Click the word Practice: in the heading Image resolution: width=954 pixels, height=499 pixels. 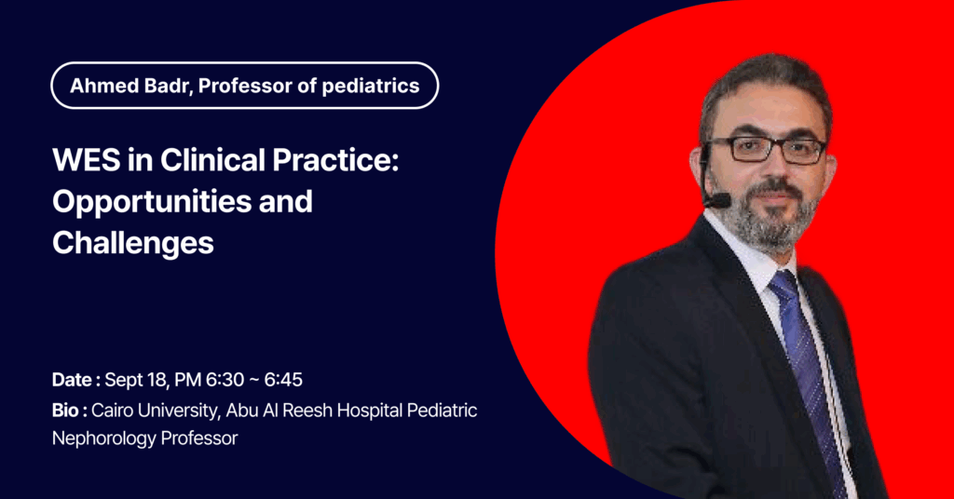pyautogui.click(x=335, y=160)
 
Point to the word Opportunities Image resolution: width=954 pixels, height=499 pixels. pyautogui.click(x=152, y=202)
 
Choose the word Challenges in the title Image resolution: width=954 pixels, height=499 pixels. pyautogui.click(x=132, y=242)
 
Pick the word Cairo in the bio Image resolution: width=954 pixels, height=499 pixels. pyautogui.click(x=113, y=411)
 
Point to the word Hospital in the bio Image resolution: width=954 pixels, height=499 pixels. pyautogui.click(x=370, y=411)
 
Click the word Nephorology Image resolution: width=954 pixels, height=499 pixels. pyautogui.click(x=96, y=438)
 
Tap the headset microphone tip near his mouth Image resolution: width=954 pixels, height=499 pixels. pyautogui.click(x=718, y=200)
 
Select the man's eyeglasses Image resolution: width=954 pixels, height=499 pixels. pyautogui.click(x=766, y=150)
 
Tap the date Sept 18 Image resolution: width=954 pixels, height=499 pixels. pyautogui.click(x=136, y=380)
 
